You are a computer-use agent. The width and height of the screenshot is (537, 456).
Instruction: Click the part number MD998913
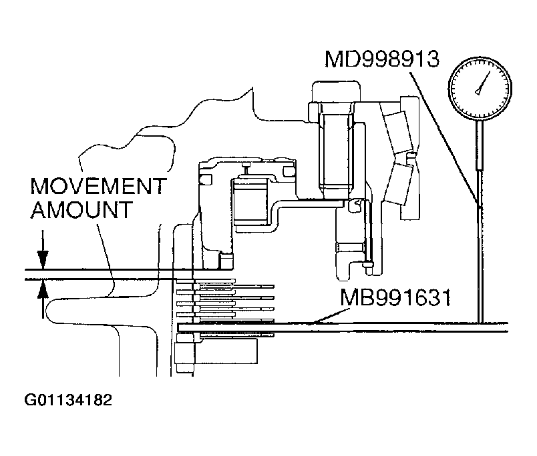click(x=381, y=59)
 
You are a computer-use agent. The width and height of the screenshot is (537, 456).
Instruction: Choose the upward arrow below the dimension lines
click(x=43, y=293)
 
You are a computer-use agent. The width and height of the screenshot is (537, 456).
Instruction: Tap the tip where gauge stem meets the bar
click(x=480, y=323)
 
